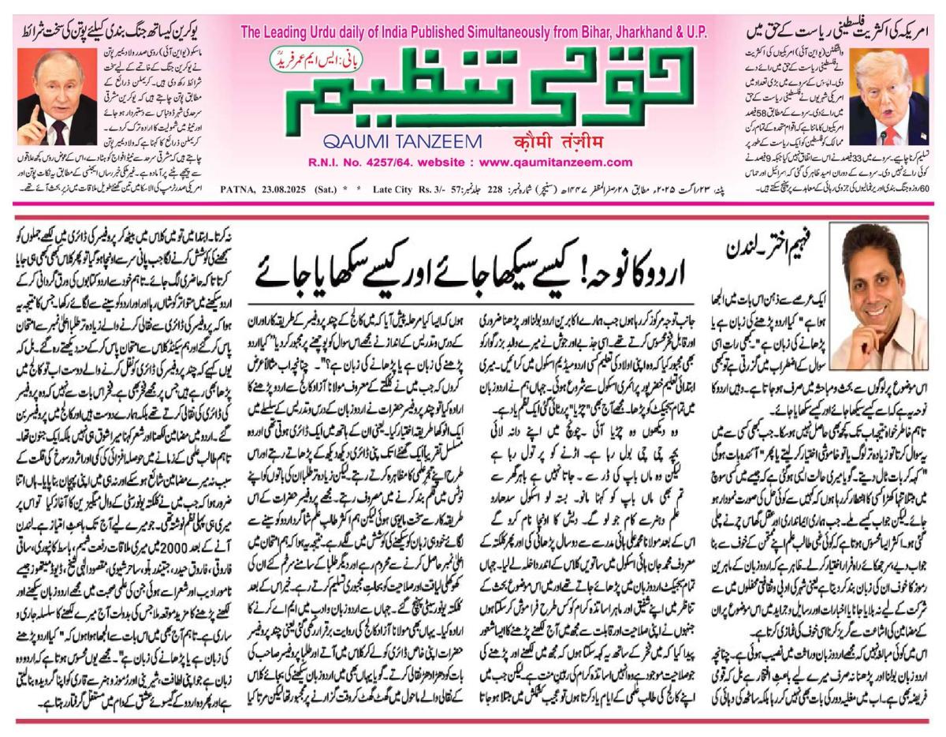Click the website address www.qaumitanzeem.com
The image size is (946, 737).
point(557,163)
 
